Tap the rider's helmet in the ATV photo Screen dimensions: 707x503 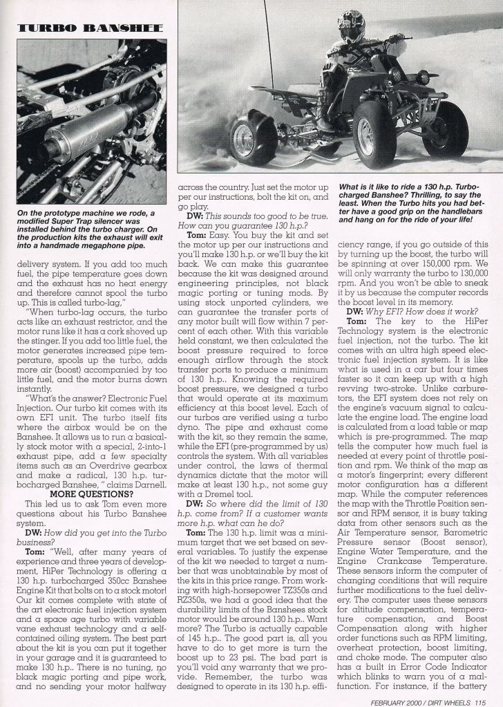[350, 26]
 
